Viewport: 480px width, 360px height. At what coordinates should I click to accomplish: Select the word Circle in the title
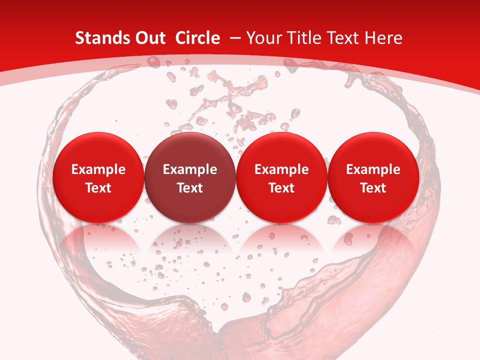(x=197, y=38)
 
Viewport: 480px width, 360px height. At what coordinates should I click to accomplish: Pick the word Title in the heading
(x=301, y=38)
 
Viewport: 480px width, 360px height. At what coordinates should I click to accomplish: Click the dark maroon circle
(x=190, y=177)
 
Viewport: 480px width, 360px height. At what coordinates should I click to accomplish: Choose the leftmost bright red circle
(x=98, y=177)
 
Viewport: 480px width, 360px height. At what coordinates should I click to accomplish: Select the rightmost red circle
(x=373, y=177)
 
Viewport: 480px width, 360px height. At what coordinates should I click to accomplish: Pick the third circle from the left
(x=281, y=177)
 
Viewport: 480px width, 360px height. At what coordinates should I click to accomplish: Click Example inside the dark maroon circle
(x=190, y=169)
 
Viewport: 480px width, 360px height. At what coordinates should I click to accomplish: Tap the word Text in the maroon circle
(x=190, y=188)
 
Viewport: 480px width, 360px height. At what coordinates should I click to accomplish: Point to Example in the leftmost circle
(x=98, y=169)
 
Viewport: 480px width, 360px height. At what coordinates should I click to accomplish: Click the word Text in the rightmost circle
(x=373, y=188)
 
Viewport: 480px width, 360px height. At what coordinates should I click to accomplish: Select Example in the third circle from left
(x=281, y=169)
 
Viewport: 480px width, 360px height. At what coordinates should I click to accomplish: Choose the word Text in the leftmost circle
(x=98, y=188)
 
